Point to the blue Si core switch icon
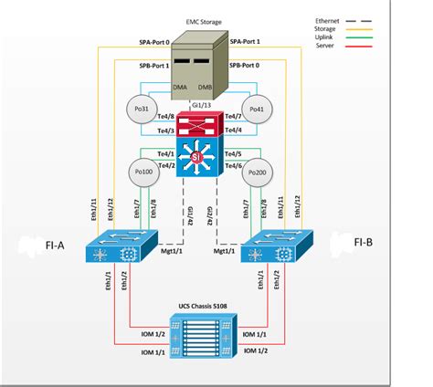(195, 158)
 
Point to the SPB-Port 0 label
(248, 66)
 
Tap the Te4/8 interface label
(166, 116)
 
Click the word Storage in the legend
(327, 27)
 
